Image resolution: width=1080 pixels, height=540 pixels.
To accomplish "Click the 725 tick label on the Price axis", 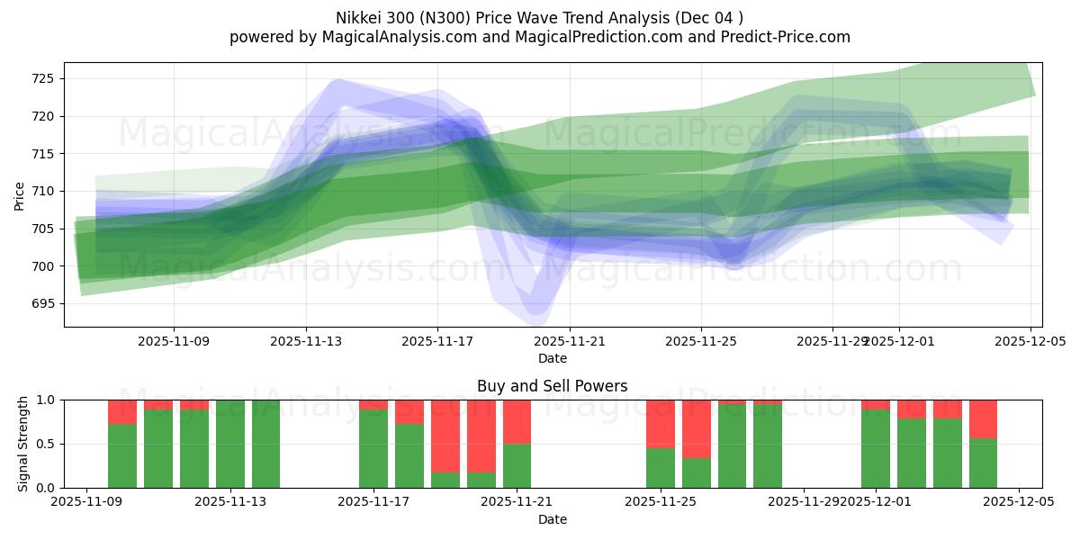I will click(x=41, y=78).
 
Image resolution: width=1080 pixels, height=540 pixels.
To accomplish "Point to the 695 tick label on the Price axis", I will click(x=41, y=303).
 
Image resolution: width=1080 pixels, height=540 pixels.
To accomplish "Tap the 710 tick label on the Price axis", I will click(x=41, y=191).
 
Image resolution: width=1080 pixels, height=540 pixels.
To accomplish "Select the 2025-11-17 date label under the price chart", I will click(x=437, y=341).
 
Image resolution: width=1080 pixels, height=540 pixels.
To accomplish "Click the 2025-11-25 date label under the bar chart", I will click(x=661, y=502).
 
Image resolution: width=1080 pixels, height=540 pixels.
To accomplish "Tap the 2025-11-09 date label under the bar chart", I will click(x=86, y=502).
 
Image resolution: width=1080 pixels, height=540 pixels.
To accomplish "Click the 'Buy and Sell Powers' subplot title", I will click(x=552, y=386).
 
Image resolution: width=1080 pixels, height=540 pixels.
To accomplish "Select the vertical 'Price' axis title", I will click(x=19, y=194).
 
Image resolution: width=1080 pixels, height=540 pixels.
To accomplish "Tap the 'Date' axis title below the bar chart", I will click(x=552, y=519).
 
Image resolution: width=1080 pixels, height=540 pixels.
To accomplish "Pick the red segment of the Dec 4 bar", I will click(x=983, y=418).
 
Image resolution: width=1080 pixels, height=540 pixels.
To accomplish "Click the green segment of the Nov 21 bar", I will click(x=517, y=466).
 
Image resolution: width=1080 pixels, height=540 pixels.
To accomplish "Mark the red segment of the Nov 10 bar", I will click(x=122, y=411).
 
